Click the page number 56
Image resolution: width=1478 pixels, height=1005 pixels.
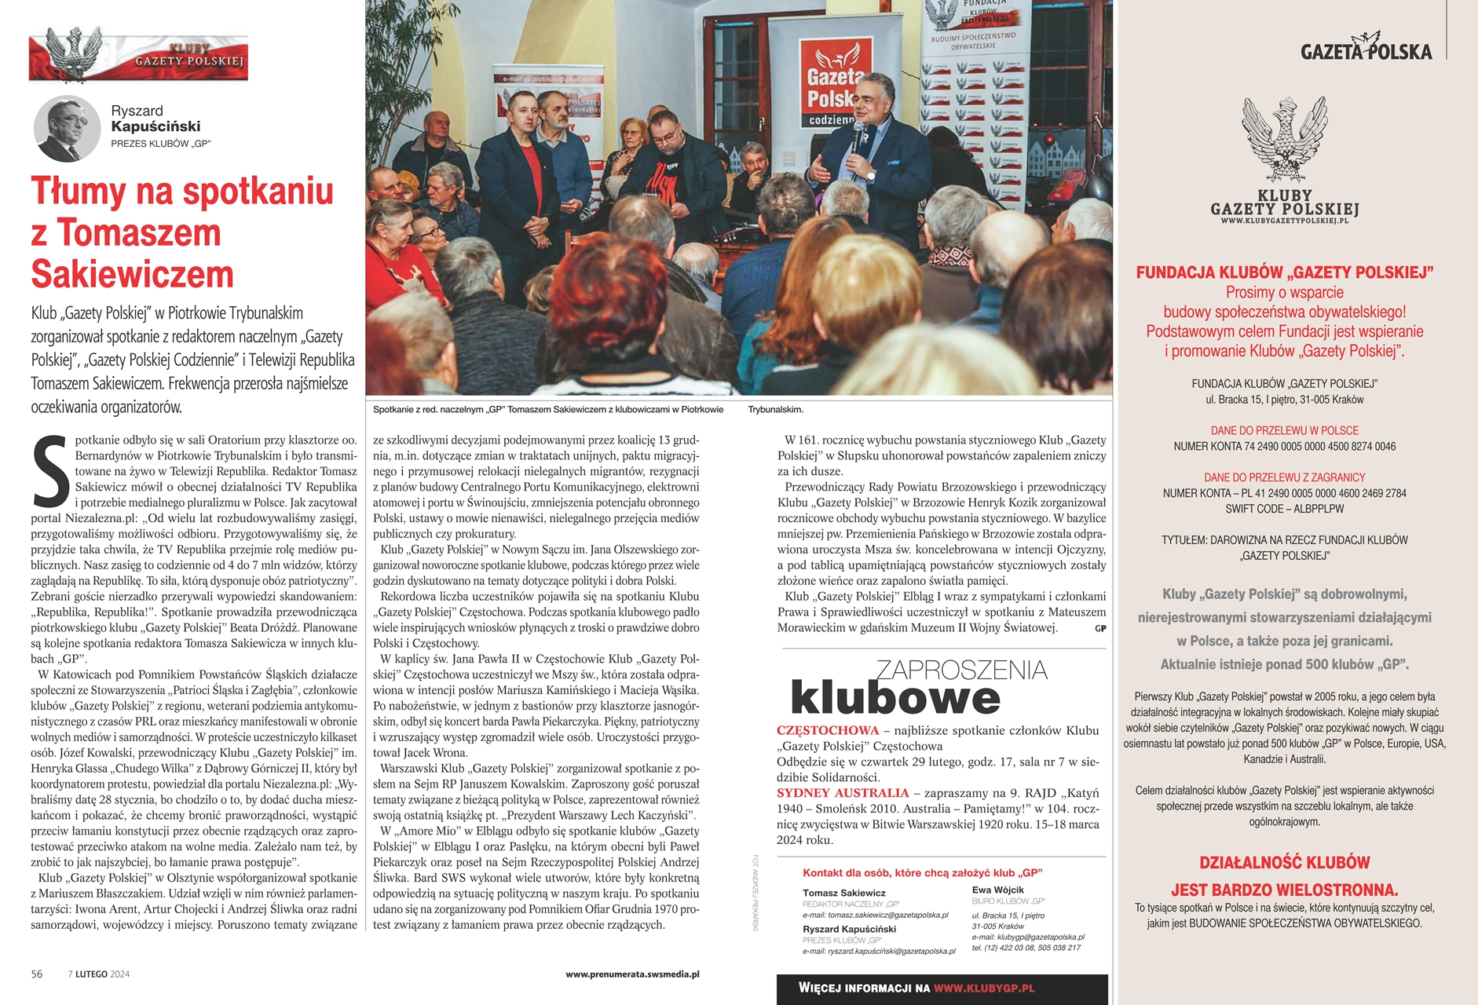pos(37,974)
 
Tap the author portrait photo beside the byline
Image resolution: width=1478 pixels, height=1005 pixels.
pos(67,128)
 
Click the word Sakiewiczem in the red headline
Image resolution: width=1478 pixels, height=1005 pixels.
pos(133,275)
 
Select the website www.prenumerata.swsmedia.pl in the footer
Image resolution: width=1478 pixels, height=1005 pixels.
pos(632,974)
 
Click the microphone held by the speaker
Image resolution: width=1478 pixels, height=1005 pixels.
pos(858,133)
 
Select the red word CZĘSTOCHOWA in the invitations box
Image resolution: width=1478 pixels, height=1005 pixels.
pos(827,730)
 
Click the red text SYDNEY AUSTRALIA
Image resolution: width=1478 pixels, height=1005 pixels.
pos(843,793)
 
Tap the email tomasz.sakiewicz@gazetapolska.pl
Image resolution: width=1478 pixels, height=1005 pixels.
pos(875,915)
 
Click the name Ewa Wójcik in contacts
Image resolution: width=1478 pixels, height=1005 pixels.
pos(997,890)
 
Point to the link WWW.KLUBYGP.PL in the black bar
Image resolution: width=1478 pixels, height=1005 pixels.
pos(984,989)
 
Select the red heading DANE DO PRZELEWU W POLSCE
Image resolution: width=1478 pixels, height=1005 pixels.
pos(1284,430)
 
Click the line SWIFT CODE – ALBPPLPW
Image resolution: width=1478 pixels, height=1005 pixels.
pos(1284,509)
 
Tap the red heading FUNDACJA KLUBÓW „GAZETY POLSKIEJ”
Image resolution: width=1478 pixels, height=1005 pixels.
pos(1284,272)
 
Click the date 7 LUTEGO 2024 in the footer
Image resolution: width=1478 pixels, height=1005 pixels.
pos(99,974)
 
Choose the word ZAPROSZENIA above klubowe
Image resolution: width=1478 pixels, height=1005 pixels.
pos(961,670)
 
